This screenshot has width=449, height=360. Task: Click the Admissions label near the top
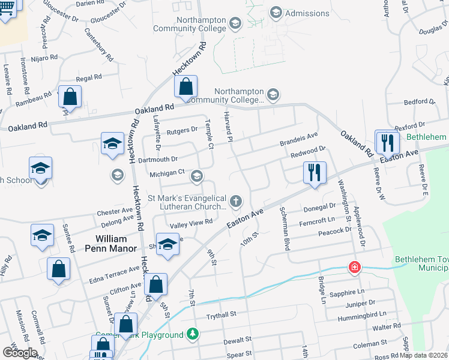click(x=307, y=13)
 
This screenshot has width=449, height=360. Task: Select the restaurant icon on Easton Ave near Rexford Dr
click(x=387, y=142)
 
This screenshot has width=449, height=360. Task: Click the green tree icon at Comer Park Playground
click(x=192, y=333)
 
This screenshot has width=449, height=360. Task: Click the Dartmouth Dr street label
click(x=158, y=159)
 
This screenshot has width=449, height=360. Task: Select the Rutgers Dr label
click(x=182, y=130)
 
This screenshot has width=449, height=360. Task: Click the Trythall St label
click(x=222, y=314)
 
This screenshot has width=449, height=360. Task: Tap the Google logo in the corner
click(x=19, y=353)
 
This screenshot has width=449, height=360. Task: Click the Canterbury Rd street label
click(x=99, y=45)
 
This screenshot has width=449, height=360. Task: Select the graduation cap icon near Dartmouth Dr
click(x=112, y=144)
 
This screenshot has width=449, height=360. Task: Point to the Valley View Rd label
click(x=191, y=222)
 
